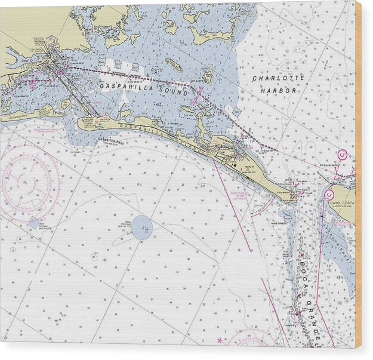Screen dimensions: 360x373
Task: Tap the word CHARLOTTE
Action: tap(278, 78)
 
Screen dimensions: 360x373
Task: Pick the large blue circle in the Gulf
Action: tap(142, 227)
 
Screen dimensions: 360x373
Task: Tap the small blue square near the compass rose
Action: tap(33, 222)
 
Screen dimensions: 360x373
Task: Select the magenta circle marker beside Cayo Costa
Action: tap(329, 195)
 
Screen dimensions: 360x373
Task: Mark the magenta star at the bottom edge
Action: tap(220, 340)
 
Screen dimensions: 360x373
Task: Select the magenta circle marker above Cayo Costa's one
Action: tap(342, 155)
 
